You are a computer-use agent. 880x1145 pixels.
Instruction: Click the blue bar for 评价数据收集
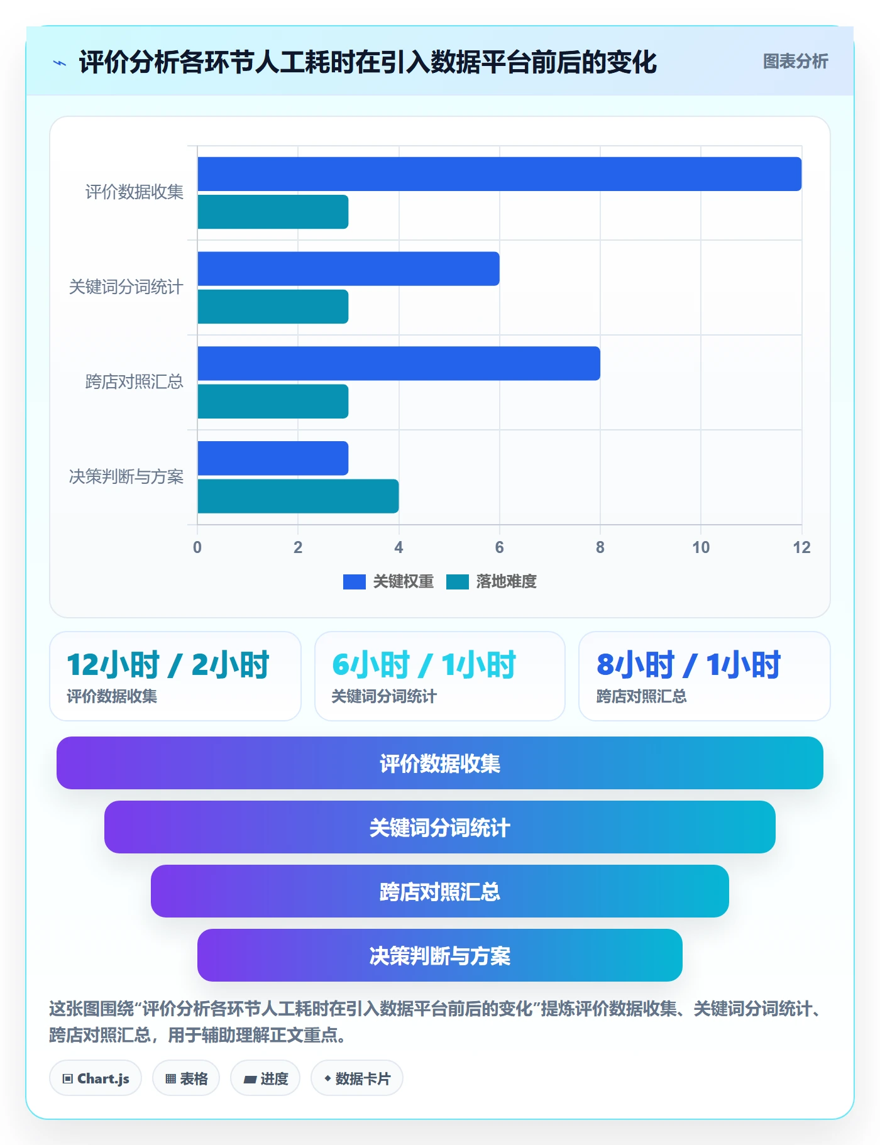(500, 174)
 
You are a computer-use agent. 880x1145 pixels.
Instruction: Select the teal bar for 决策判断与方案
(298, 496)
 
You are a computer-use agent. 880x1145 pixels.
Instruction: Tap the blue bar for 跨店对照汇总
(399, 363)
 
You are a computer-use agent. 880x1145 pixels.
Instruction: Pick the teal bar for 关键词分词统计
(273, 307)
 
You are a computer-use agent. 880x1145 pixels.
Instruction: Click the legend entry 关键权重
(388, 581)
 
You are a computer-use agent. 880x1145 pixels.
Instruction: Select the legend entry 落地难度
(492, 581)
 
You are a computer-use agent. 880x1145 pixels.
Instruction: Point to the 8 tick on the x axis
(600, 547)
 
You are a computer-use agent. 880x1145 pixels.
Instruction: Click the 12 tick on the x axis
(801, 547)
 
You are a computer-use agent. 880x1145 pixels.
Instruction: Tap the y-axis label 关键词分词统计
(126, 287)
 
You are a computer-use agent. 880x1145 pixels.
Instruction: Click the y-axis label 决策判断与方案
(126, 477)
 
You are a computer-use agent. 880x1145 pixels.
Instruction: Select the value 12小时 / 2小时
(168, 665)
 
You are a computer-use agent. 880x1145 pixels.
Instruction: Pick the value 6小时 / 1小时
(424, 665)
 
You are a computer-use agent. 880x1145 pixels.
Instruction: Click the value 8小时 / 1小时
(689, 665)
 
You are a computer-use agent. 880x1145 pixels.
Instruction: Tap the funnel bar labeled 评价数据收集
(440, 763)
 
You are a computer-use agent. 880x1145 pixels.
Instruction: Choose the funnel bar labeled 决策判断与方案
(440, 955)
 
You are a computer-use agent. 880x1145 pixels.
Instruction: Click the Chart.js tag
(96, 1078)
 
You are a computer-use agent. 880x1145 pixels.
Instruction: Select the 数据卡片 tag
(356, 1078)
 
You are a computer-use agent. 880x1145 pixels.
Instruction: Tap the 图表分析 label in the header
(795, 62)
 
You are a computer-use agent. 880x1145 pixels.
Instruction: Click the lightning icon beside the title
(60, 63)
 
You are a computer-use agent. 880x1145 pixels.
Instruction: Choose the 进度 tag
(265, 1078)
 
